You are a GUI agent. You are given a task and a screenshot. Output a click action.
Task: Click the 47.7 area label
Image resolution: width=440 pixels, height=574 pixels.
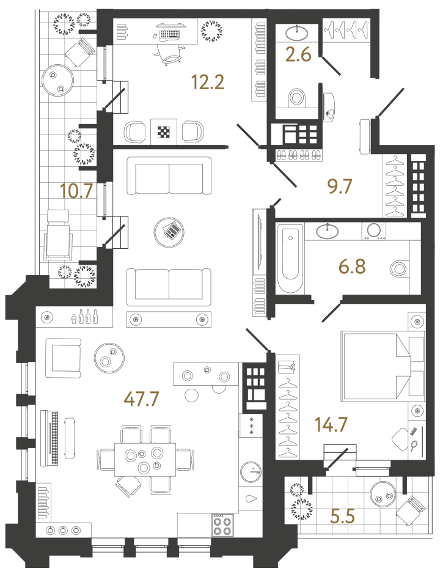141,399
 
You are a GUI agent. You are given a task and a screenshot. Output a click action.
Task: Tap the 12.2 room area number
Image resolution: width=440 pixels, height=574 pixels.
208,82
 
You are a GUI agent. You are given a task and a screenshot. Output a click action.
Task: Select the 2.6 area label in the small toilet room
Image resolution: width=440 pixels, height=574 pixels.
298,54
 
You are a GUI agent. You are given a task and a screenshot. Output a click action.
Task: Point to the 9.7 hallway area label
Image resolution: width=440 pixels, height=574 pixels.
339,186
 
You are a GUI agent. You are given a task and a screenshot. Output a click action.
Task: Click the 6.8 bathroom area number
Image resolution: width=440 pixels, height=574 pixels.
352,266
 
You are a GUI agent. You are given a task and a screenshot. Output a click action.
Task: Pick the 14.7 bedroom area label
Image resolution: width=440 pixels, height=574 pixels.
331,424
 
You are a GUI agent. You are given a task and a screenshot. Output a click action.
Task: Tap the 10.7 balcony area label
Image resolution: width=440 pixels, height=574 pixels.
76,191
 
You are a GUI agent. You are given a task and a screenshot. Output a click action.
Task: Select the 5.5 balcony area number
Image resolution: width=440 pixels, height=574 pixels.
342,516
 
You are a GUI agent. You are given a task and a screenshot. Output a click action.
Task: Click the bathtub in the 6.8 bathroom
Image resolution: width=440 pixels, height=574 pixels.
290,259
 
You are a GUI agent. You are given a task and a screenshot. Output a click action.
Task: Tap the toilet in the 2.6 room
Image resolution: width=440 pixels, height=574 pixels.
297,98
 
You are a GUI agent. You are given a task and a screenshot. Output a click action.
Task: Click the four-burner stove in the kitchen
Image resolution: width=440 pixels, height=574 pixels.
222,525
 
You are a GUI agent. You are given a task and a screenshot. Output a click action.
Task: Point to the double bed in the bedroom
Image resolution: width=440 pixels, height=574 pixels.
383,366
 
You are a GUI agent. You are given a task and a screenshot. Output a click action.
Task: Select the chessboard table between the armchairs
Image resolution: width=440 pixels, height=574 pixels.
164,132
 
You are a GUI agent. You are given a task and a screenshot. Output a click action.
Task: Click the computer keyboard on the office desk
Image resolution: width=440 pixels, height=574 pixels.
169,34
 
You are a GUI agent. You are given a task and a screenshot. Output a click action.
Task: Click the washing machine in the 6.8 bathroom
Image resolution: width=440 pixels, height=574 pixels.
373,231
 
